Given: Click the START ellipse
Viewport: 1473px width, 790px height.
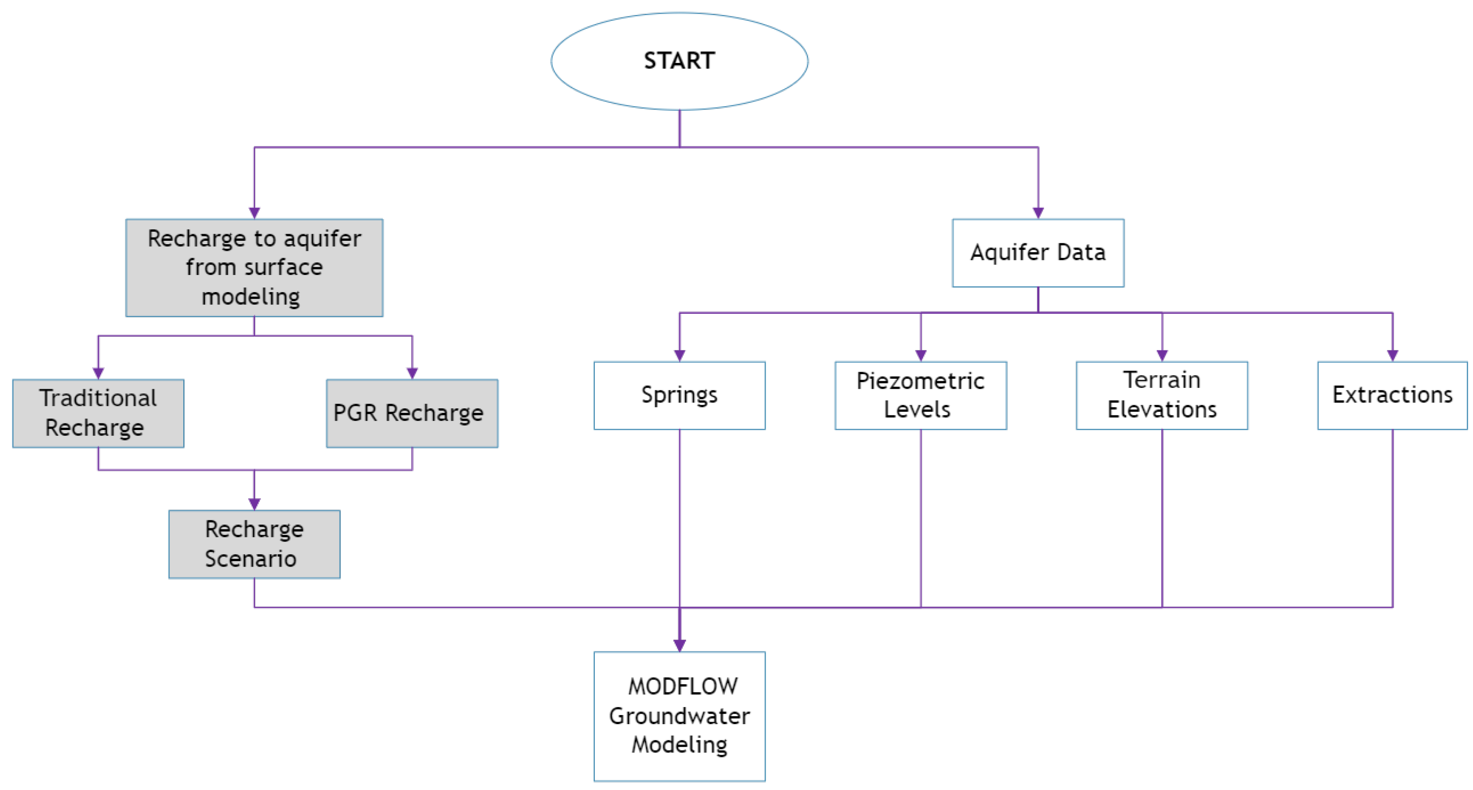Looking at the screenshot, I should pyautogui.click(x=679, y=61).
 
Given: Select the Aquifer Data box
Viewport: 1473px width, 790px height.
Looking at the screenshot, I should pyautogui.click(x=1038, y=253).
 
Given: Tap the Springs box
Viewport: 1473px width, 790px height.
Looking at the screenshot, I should pyautogui.click(x=679, y=395).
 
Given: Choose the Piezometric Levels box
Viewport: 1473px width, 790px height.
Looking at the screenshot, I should pyautogui.click(x=921, y=395).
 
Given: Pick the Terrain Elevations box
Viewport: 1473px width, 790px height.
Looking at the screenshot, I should pyautogui.click(x=1162, y=395).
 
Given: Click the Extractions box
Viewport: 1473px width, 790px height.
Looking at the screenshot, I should pyautogui.click(x=1392, y=395).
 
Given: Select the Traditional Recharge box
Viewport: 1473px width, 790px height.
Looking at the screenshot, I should pyautogui.click(x=98, y=413).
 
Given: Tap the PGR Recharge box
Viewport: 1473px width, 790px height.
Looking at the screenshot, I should pyautogui.click(x=412, y=413).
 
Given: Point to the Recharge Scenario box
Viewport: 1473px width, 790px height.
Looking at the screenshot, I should pyautogui.click(x=255, y=544).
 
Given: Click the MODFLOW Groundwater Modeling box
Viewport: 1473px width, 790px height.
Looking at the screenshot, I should pyautogui.click(x=679, y=716).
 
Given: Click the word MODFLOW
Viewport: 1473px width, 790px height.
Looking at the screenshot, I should pyautogui.click(x=683, y=687).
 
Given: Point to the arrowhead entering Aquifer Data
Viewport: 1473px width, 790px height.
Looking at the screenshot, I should pyautogui.click(x=1038, y=213).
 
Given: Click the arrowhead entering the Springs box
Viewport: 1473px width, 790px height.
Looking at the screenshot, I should pyautogui.click(x=679, y=355).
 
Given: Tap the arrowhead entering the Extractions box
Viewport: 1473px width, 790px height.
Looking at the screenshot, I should pyautogui.click(x=1392, y=355).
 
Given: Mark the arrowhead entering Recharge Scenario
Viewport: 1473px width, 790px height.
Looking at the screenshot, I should pyautogui.click(x=255, y=504).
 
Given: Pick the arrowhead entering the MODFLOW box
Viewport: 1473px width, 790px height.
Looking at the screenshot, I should pyautogui.click(x=679, y=645).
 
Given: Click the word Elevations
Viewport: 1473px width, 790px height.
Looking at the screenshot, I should pyautogui.click(x=1162, y=410).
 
